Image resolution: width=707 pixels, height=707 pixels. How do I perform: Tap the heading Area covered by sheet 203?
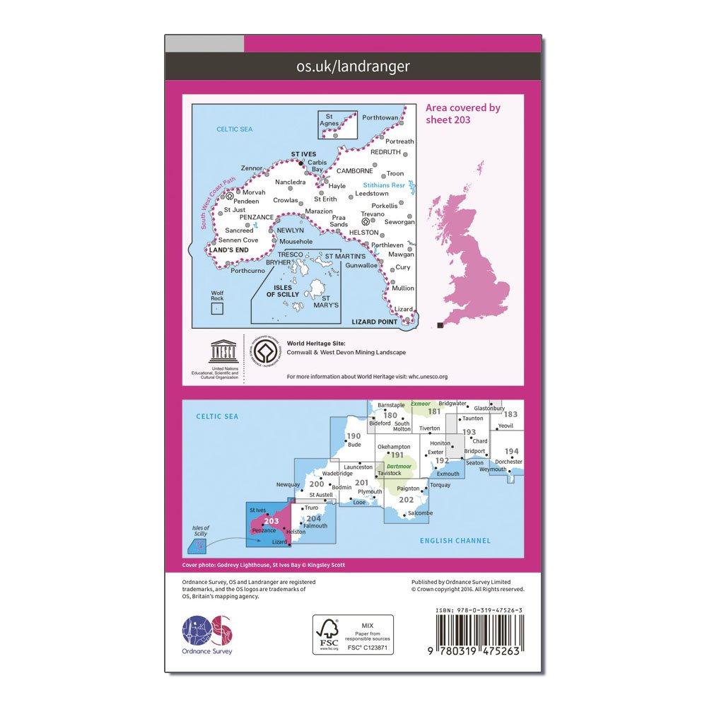[462, 113]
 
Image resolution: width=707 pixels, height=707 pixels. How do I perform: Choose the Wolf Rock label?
[217, 296]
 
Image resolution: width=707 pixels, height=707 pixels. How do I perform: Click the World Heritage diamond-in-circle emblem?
[265, 351]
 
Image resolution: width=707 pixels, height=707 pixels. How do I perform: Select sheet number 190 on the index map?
[354, 436]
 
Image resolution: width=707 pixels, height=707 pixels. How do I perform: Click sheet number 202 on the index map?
[406, 500]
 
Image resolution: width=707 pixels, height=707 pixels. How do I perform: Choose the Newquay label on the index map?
[288, 485]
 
